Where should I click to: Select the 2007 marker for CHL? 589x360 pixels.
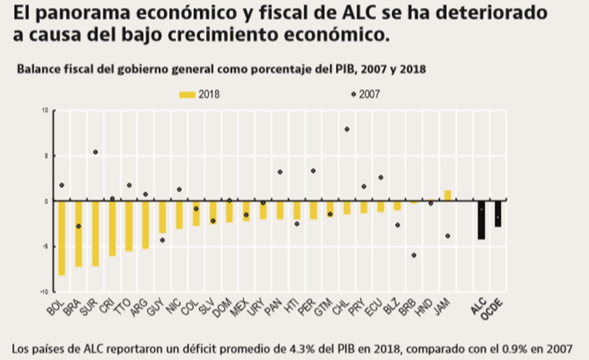point(347,129)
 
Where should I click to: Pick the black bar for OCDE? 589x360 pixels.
point(498,213)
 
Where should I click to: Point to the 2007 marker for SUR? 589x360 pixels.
point(95,152)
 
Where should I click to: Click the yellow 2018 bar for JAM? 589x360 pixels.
point(448,196)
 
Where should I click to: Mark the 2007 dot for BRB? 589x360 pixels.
point(414,255)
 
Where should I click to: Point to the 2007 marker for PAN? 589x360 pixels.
point(280,171)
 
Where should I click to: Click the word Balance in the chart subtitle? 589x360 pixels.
point(35,70)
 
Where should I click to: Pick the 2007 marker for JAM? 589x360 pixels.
point(448,236)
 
